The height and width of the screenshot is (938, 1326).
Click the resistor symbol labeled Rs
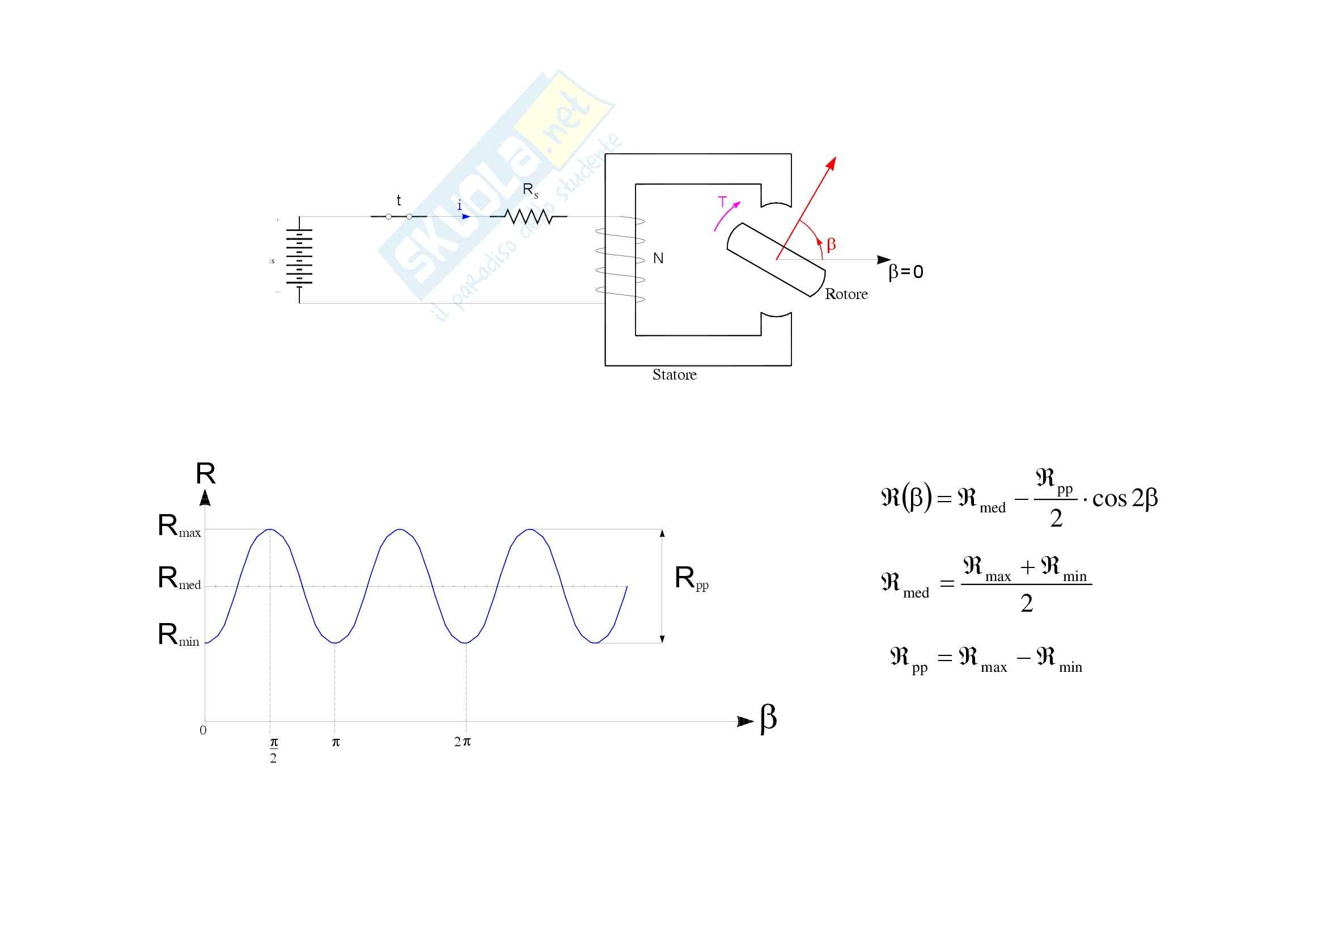click(x=528, y=217)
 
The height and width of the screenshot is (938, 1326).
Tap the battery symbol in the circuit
click(x=299, y=257)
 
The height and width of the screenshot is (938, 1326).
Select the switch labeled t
click(x=399, y=217)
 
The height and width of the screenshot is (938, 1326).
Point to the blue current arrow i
click(x=464, y=216)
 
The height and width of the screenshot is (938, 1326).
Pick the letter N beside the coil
click(x=658, y=258)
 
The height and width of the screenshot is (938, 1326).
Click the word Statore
click(x=674, y=375)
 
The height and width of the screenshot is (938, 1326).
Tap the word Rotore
click(x=846, y=294)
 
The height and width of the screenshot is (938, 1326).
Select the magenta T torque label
click(x=722, y=202)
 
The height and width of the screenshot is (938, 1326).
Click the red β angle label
click(x=831, y=245)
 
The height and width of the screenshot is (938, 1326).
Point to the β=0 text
click(x=905, y=272)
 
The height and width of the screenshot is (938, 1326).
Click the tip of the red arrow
click(x=834, y=158)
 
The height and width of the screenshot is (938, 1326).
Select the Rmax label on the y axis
click(x=179, y=527)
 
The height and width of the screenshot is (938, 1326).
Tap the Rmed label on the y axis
click(x=179, y=579)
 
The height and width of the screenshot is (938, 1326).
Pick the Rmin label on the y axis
click(x=179, y=635)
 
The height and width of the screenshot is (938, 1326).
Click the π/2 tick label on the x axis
click(x=273, y=750)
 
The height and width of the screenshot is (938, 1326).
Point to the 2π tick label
click(x=462, y=742)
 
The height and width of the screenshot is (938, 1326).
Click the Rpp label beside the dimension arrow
click(x=690, y=579)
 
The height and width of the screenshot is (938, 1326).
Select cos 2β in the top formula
click(x=1124, y=499)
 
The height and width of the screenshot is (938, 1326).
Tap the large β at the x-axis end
click(x=768, y=718)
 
